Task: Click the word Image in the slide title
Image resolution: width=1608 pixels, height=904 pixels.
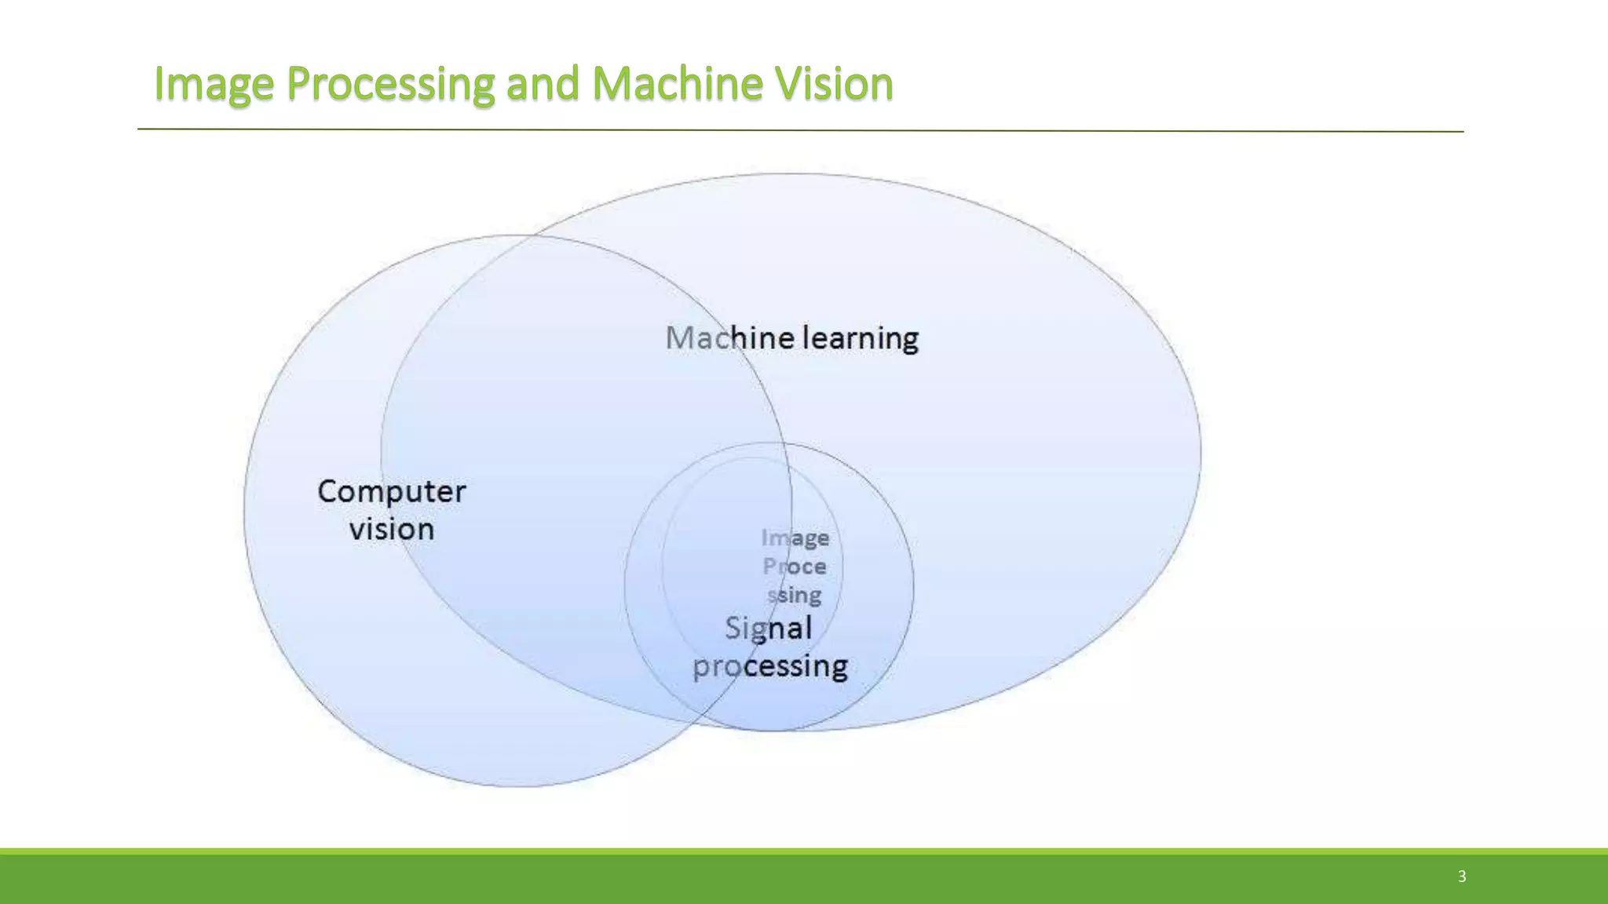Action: tap(214, 84)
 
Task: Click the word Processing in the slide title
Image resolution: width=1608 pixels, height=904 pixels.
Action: tap(390, 84)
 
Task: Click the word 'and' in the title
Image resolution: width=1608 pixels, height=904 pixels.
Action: tap(543, 84)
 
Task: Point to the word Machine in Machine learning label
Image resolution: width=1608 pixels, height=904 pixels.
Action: tap(729, 338)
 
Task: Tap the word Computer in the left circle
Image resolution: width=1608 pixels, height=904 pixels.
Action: tap(391, 492)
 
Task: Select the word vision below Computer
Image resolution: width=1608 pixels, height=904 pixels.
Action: tap(391, 530)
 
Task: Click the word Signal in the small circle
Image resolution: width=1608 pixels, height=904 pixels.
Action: tap(768, 629)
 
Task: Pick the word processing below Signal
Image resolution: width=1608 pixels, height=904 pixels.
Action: tap(769, 666)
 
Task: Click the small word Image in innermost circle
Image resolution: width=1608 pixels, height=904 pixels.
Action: tap(795, 538)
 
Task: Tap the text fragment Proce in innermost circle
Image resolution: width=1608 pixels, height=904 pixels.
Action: tap(794, 567)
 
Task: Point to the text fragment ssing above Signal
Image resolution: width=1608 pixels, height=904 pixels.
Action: tap(794, 596)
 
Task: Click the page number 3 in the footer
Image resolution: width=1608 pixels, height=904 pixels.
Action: tap(1461, 877)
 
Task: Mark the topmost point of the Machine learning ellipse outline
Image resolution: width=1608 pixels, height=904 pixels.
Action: tap(789, 173)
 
